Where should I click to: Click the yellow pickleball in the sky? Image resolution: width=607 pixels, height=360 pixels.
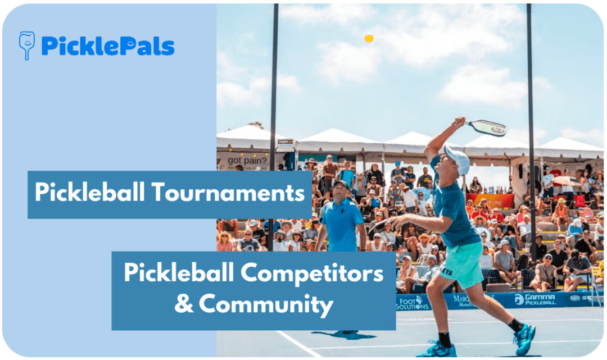point(369,38)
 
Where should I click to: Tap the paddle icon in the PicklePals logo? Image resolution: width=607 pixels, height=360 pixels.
point(26,45)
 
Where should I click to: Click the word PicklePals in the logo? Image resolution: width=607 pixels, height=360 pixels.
point(107,46)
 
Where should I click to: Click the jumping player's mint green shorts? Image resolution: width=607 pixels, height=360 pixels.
point(462,264)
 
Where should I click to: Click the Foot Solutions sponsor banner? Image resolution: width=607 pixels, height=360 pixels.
point(413,303)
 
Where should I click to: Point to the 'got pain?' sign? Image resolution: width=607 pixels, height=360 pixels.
point(243,161)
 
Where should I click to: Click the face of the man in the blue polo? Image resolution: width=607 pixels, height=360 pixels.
point(340,192)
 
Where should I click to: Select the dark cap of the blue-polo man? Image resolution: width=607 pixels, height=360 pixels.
point(339,183)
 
